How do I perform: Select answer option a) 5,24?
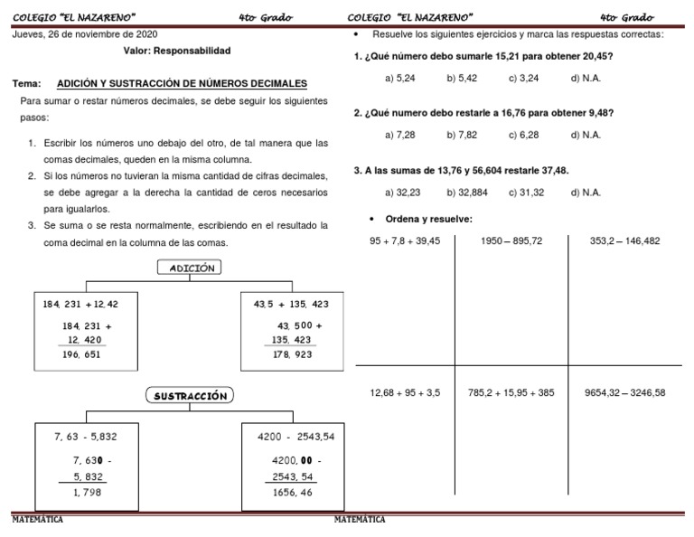[399, 79]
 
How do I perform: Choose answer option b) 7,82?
[462, 135]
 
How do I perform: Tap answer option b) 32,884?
[466, 192]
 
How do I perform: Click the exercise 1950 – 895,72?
[511, 241]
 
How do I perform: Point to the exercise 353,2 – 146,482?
[624, 241]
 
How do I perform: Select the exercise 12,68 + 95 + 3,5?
[406, 392]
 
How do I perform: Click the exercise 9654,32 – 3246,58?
[624, 392]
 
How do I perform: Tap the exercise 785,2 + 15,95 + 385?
[511, 392]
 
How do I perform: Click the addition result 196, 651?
[81, 354]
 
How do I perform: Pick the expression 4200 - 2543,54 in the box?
[296, 437]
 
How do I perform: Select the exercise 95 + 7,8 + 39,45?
[405, 241]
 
